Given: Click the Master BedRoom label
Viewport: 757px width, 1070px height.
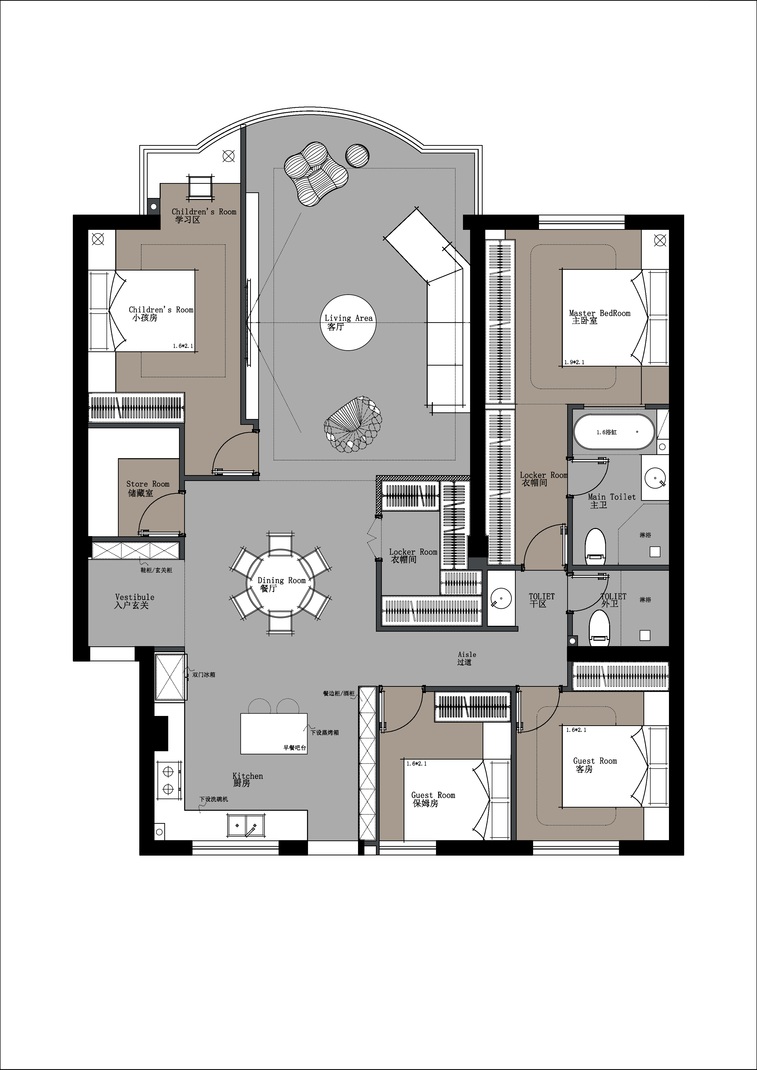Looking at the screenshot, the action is tap(599, 314).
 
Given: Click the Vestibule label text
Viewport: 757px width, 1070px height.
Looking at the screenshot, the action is tap(135, 597).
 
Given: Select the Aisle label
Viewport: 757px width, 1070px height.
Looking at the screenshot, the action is tap(467, 654).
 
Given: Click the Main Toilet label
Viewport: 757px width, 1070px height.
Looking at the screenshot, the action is tap(612, 497).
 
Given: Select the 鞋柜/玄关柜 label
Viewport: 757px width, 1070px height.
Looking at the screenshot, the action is tap(156, 570).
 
